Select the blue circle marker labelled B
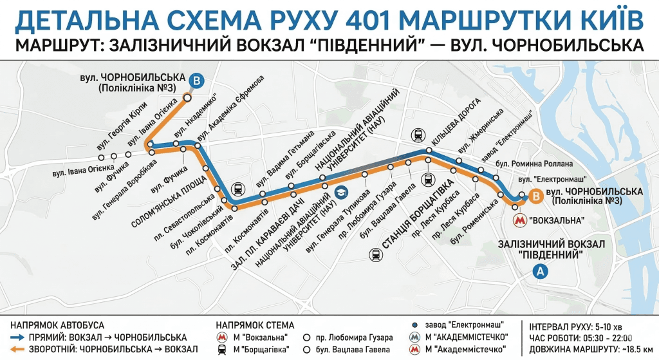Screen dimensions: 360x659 click(x=198, y=81)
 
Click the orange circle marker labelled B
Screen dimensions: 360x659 click(x=534, y=198)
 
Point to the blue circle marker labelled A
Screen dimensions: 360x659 click(x=541, y=272)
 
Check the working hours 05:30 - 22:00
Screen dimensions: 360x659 click(x=612, y=337)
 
